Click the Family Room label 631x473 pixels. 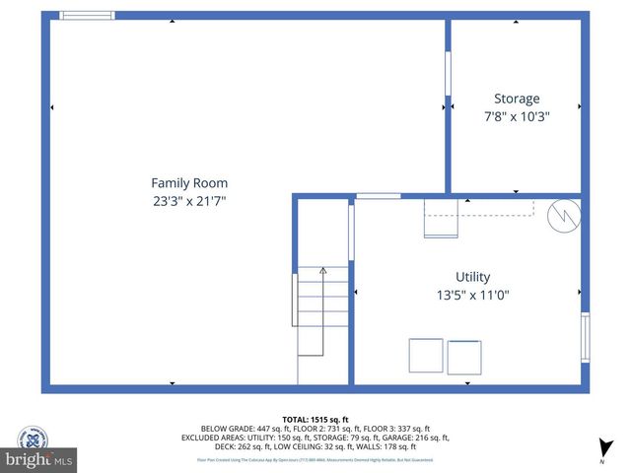point(189,182)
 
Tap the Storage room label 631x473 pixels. point(517,99)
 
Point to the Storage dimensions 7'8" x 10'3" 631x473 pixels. point(517,116)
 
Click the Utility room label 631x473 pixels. point(472,277)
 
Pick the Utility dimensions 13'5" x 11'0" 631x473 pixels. point(472,295)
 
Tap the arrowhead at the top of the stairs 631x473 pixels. point(323,270)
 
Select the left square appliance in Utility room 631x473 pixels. point(426,356)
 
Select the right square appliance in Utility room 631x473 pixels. point(464,356)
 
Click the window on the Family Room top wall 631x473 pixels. point(87,16)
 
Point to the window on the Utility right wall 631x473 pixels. point(585,337)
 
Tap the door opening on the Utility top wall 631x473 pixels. point(379,196)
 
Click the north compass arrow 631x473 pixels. point(602,448)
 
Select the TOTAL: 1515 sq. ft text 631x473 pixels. point(315,419)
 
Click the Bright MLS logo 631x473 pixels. point(39,460)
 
